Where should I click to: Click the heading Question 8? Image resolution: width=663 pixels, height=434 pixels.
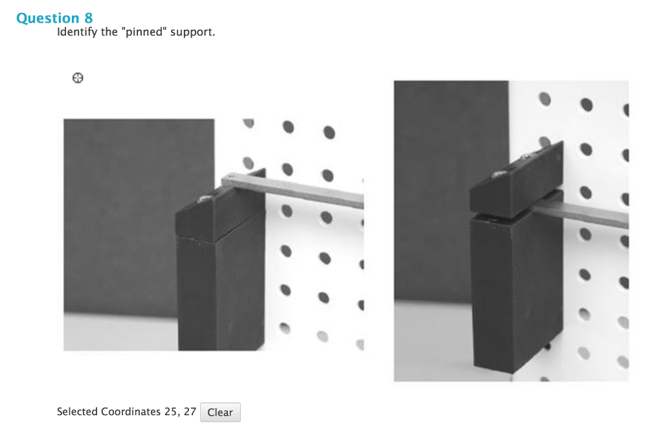pyautogui.click(x=54, y=18)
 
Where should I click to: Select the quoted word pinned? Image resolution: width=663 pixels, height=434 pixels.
pyautogui.click(x=144, y=32)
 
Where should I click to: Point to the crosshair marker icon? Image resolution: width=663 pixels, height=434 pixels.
pyautogui.click(x=78, y=78)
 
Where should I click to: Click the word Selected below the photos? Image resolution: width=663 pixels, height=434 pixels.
pyautogui.click(x=77, y=412)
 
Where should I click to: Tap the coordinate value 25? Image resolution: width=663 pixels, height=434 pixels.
pyautogui.click(x=171, y=412)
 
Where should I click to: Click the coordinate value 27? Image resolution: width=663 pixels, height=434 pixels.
pyautogui.click(x=190, y=412)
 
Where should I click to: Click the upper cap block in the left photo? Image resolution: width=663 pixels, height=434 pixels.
pyautogui.click(x=220, y=214)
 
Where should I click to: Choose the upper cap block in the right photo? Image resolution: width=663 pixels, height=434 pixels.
pyautogui.click(x=515, y=181)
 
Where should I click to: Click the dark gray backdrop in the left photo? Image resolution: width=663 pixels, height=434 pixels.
pyautogui.click(x=123, y=214)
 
